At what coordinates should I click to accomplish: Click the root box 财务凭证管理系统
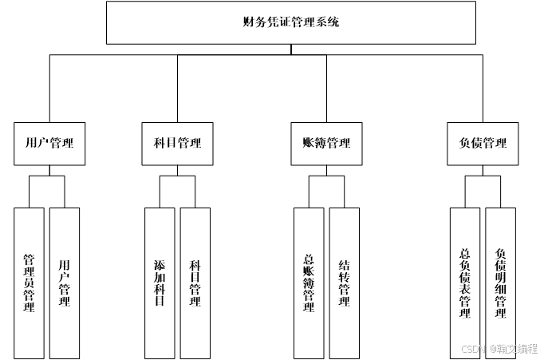tap(291, 22)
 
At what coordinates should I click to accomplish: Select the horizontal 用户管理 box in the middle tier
tap(49, 144)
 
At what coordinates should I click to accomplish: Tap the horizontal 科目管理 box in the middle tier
tap(177, 144)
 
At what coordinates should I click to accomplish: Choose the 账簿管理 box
tap(326, 144)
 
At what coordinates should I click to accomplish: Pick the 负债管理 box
tap(483, 144)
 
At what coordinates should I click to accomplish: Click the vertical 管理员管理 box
tap(30, 283)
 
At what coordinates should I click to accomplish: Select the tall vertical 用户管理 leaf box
tap(65, 283)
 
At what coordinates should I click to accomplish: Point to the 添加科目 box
tap(160, 283)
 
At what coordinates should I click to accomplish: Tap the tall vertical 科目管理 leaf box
tap(195, 283)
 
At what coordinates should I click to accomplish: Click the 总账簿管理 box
tap(309, 283)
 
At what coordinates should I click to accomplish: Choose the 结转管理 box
tap(345, 283)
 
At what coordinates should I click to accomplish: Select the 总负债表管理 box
tap(465, 283)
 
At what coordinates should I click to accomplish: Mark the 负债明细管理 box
tap(501, 283)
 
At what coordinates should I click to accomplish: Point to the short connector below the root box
tap(291, 49)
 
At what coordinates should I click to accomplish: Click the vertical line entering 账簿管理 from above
tap(326, 88)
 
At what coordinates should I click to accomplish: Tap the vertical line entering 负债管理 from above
tap(483, 88)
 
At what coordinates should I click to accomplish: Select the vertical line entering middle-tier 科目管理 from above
tap(177, 88)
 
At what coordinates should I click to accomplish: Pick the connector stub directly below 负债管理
tap(483, 171)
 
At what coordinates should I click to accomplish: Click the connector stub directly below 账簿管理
tap(326, 171)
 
